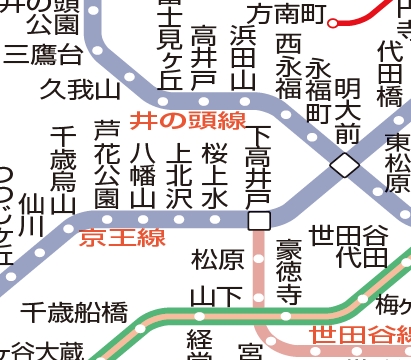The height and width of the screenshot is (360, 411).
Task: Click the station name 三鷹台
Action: point(43,53)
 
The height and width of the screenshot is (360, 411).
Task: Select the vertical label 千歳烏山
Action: point(65,169)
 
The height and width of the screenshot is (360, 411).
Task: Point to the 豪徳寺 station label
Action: point(289,270)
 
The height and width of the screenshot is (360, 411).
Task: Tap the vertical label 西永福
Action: point(289,66)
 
